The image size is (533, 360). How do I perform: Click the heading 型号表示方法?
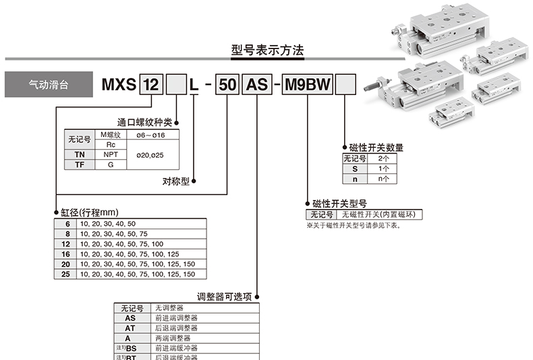[x=267, y=51]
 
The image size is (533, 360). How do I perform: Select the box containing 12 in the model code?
[x=151, y=86]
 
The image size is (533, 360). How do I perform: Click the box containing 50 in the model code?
[x=228, y=86]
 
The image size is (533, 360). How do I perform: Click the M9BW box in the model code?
[x=308, y=86]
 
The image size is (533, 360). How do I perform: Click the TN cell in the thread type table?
[x=79, y=154]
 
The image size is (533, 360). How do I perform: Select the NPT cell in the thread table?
[x=110, y=154]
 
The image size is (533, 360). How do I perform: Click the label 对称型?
[x=176, y=181]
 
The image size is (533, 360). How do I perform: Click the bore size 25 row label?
[x=65, y=274]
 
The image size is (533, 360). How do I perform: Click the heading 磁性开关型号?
[x=339, y=203]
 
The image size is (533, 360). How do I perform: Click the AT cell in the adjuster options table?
[x=130, y=328]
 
